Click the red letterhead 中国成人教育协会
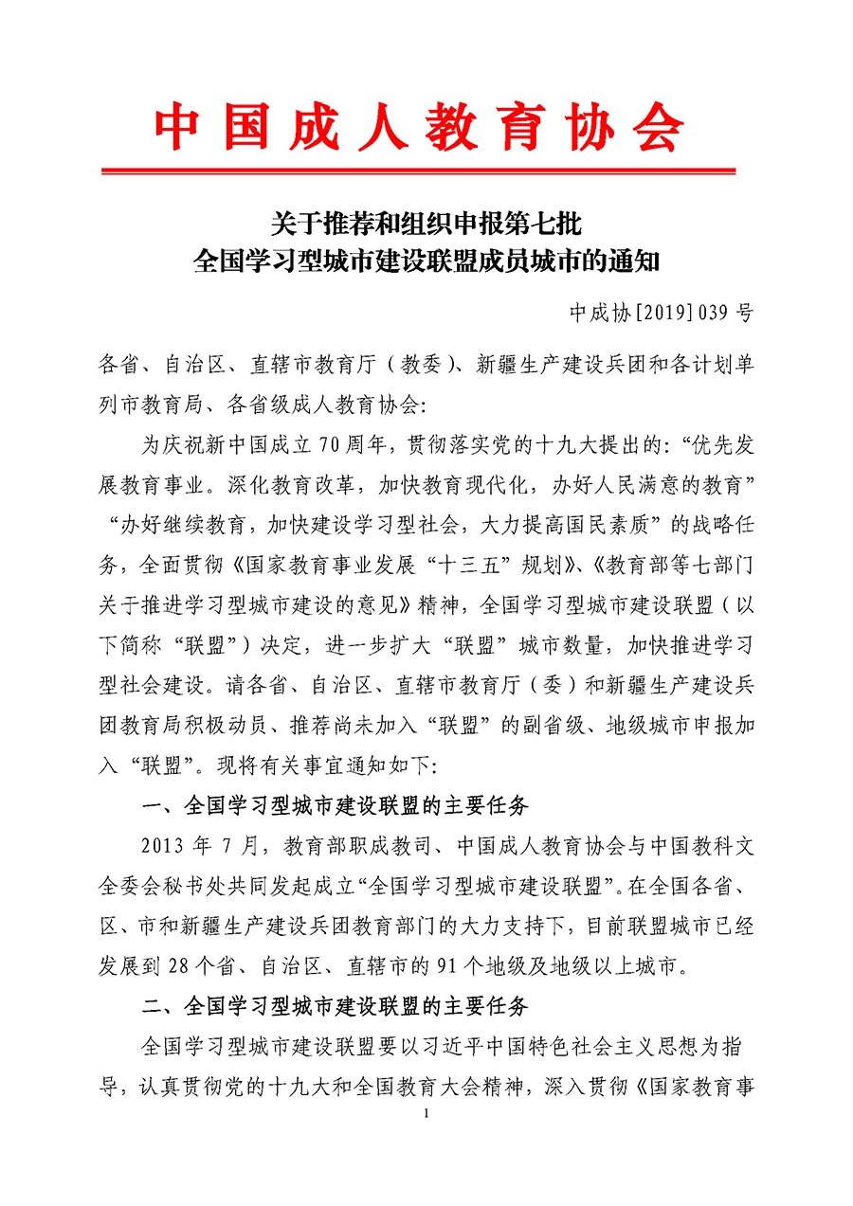coord(419,126)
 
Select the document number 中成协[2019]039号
coord(660,313)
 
